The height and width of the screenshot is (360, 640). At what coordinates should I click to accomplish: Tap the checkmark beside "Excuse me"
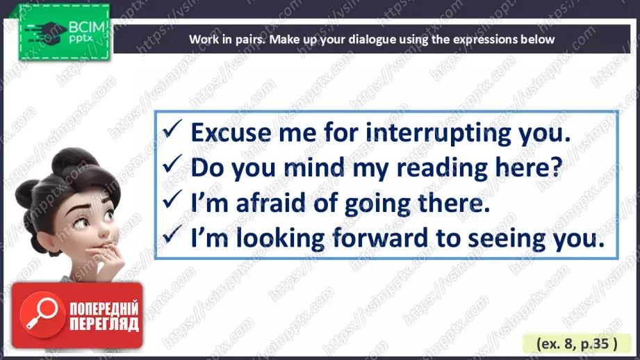(172, 129)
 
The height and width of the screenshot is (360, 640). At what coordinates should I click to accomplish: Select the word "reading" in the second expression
(442, 168)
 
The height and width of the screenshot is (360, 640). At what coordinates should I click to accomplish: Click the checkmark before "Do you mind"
(172, 164)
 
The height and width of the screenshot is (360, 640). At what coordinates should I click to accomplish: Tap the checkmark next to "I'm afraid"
(172, 199)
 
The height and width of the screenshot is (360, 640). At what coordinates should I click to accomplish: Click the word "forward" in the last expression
(380, 238)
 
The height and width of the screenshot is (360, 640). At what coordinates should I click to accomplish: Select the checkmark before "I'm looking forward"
(172, 234)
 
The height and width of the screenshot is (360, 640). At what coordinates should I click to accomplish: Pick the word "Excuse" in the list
(231, 133)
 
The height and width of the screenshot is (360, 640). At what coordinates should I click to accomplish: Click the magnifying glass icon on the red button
(42, 315)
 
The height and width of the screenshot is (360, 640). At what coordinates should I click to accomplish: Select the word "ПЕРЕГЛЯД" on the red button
(104, 325)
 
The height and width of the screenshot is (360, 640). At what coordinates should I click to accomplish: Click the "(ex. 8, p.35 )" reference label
(577, 344)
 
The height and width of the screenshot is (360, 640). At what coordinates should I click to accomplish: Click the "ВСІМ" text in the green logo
(87, 27)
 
